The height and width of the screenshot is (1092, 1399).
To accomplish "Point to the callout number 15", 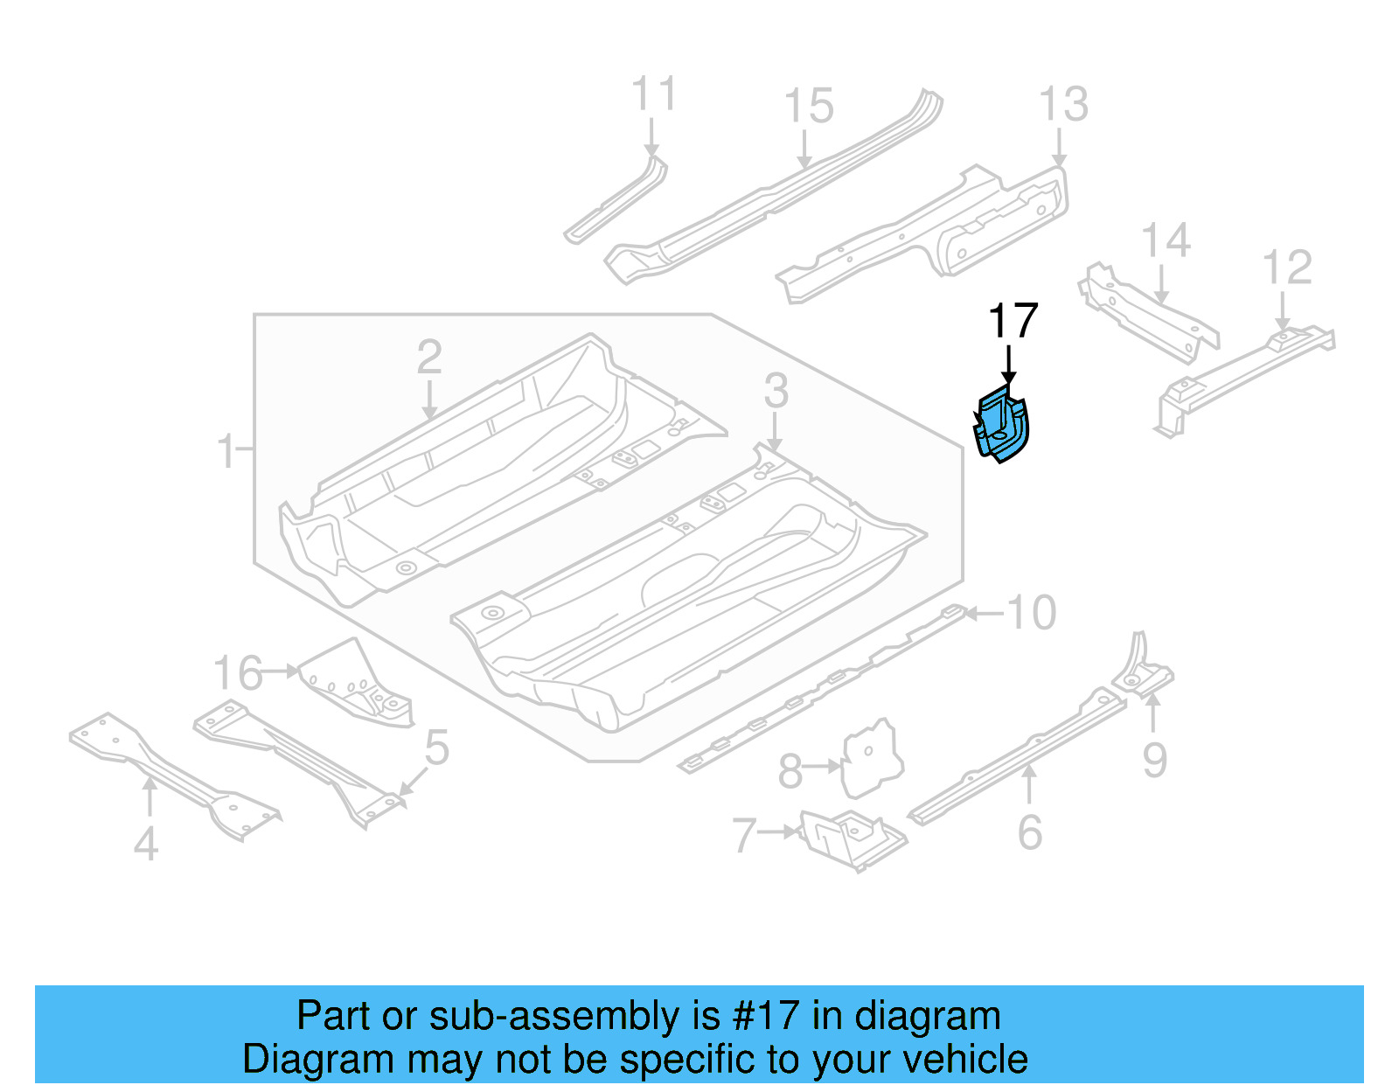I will [x=808, y=107].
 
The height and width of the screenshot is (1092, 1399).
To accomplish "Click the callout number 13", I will [x=1063, y=105].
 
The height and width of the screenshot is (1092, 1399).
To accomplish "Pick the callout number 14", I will [x=1166, y=240].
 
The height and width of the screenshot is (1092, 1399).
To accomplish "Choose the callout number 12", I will [x=1287, y=268].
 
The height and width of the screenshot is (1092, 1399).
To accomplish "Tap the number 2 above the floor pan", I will [x=428, y=357].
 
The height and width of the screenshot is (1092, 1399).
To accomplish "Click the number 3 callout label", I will [x=776, y=391].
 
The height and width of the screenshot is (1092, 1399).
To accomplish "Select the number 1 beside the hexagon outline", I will [x=226, y=451].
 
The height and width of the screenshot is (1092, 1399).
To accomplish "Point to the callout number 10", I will [x=1032, y=613].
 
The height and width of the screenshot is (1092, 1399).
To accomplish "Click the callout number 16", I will [x=237, y=674].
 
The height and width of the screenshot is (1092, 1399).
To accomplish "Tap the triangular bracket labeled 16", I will [x=354, y=683].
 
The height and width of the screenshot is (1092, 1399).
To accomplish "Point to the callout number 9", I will [x=1154, y=760].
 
